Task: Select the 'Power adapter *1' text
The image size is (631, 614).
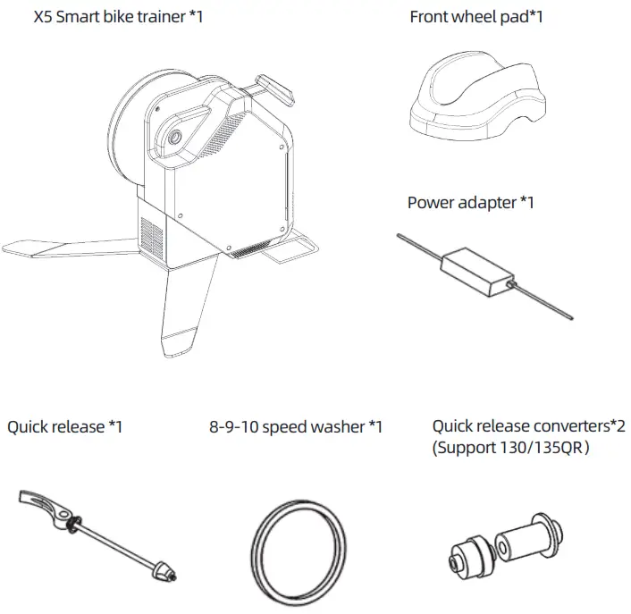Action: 470,202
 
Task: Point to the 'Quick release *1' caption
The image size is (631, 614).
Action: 64,426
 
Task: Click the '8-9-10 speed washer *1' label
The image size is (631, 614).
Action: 296,426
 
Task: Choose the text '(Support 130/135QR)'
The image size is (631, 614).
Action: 509,447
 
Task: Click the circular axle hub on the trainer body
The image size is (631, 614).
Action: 172,136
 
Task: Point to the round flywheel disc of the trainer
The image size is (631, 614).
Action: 125,134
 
